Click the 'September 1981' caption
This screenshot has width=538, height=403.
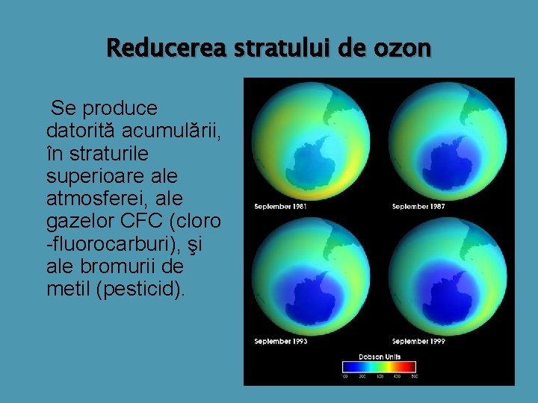[280, 206]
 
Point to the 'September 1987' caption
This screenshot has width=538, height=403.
[418, 206]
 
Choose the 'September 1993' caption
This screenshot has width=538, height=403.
[280, 341]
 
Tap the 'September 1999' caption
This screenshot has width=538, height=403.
[418, 341]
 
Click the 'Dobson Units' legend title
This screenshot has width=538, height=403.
[380, 357]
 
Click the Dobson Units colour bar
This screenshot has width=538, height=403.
[380, 367]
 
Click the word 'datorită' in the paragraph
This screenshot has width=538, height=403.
[80, 131]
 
